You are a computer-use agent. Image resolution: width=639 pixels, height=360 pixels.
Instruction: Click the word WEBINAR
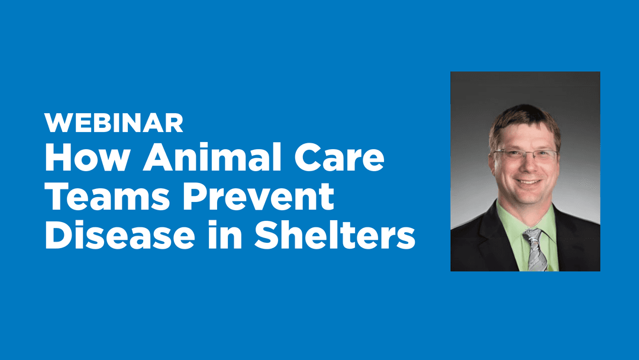114,123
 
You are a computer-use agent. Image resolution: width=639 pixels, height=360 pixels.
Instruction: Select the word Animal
212,157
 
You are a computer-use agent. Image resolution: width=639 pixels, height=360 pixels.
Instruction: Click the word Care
339,157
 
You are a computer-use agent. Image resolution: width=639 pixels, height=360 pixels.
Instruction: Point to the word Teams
107,197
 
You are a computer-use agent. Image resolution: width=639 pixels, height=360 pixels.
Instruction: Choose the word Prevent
259,197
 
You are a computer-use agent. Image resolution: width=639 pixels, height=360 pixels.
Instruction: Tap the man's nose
526,165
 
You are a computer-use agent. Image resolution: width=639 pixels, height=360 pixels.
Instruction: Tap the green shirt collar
526,222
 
